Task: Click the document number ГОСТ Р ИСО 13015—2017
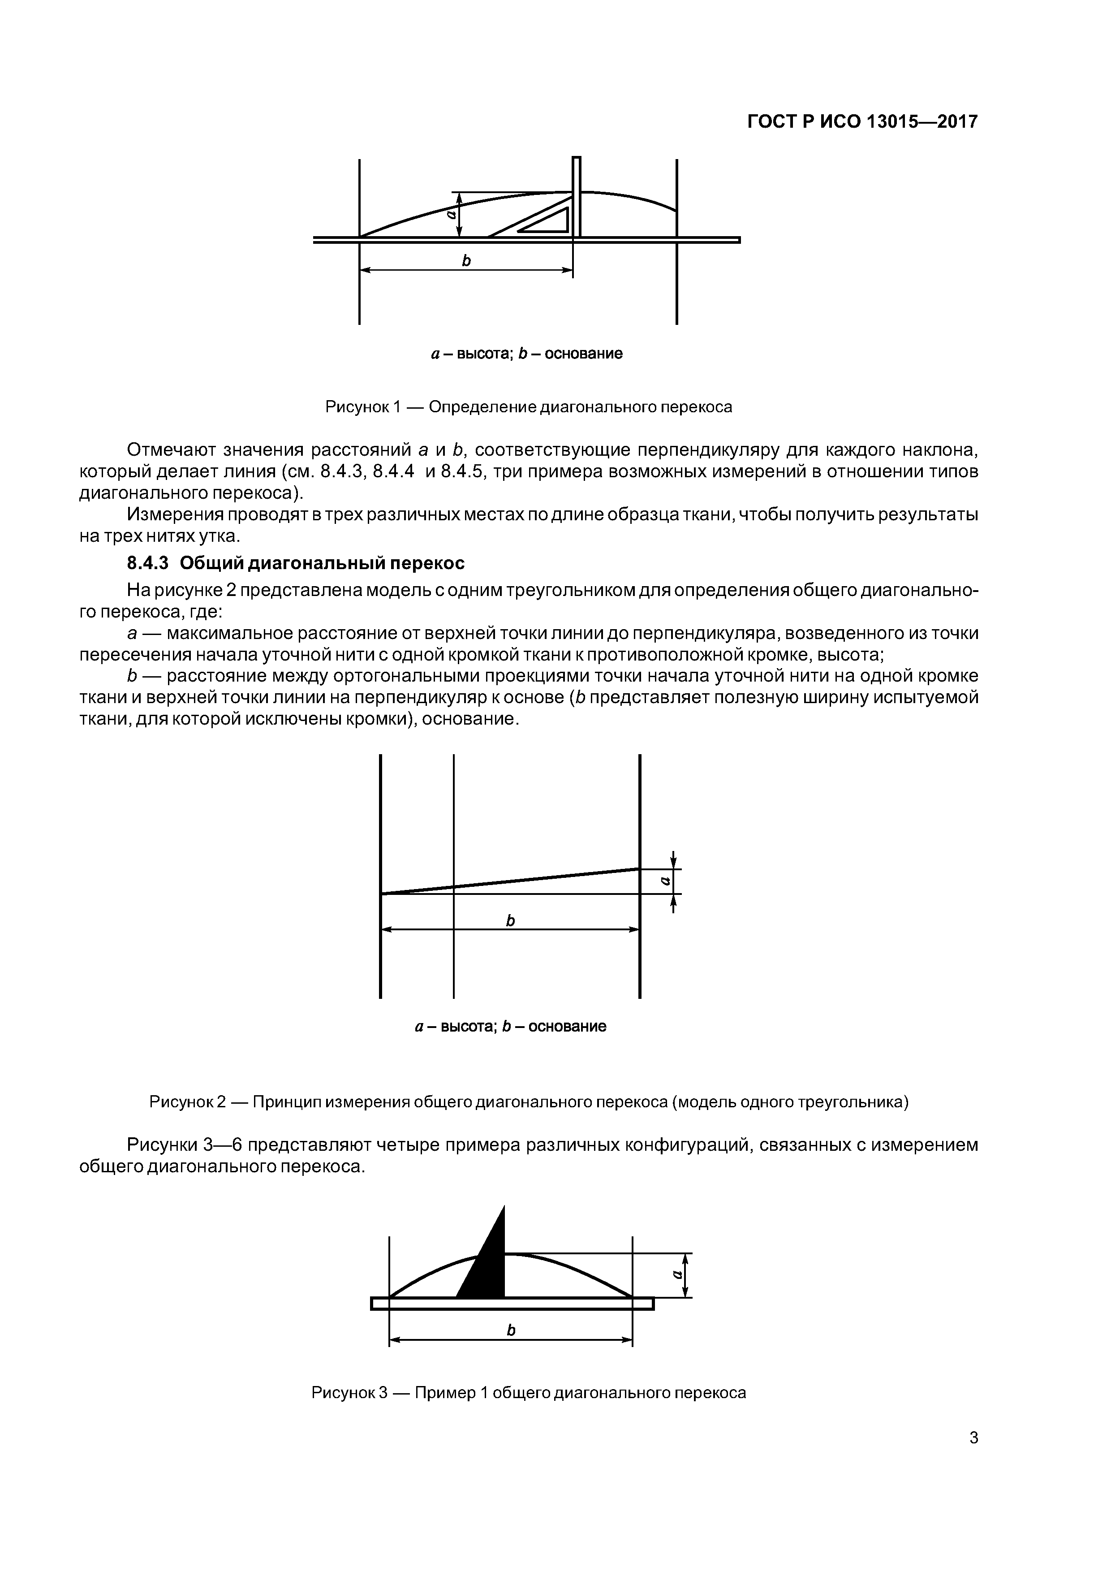862,122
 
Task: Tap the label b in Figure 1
466,261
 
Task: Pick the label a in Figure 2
664,881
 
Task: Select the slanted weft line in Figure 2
509,881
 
